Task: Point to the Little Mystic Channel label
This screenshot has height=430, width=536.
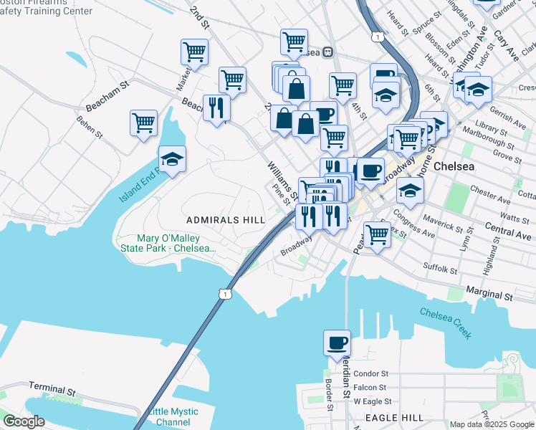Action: tap(168, 417)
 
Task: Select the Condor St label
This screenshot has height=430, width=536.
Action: tap(370, 373)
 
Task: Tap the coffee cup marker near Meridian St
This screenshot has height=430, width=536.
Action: tap(337, 343)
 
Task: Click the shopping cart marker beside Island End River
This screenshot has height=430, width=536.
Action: tap(144, 123)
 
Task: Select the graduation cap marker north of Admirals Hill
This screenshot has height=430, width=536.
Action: tap(172, 158)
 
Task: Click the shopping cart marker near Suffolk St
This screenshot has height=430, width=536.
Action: tap(377, 234)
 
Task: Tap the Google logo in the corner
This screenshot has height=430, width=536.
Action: tap(24, 421)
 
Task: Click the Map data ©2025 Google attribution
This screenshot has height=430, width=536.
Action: tap(492, 424)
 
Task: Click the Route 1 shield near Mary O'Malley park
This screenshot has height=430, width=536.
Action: tap(226, 294)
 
